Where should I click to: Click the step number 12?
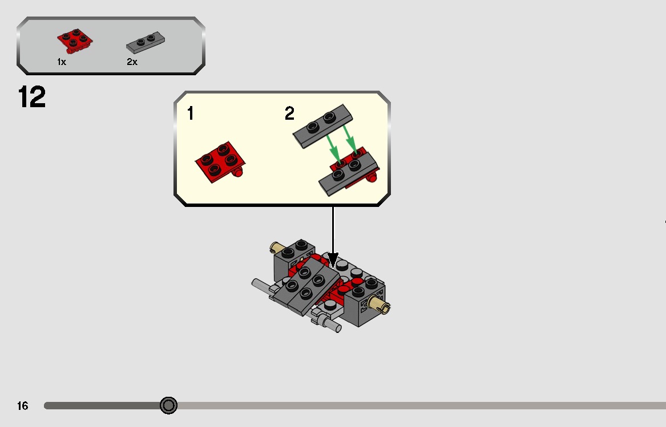click(x=32, y=97)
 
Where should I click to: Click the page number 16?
click(x=22, y=406)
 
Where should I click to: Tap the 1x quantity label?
click(x=61, y=62)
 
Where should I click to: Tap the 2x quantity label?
click(x=132, y=62)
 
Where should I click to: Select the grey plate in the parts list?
click(x=146, y=42)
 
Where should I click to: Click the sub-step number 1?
click(x=190, y=114)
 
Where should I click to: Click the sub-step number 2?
click(x=290, y=114)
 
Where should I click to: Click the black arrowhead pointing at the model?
click(x=333, y=261)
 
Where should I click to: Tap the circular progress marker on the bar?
click(x=168, y=405)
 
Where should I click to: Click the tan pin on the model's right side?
click(x=380, y=306)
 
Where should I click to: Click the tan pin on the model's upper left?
click(x=278, y=247)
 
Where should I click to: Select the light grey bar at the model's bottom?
click(x=329, y=323)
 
